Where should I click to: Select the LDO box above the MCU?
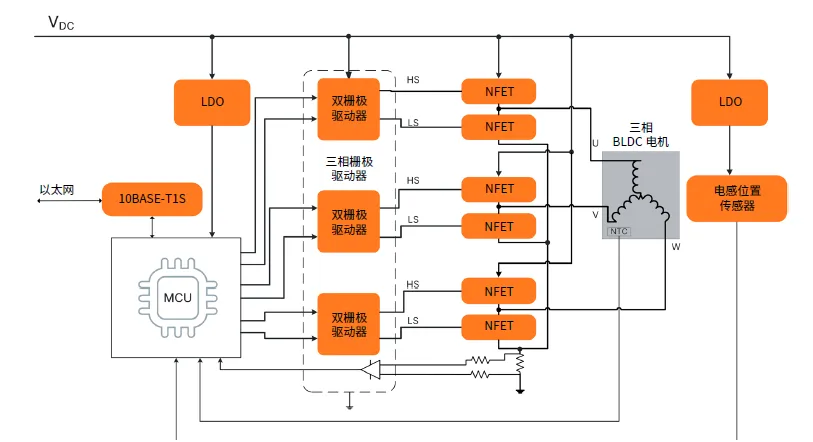click(212, 102)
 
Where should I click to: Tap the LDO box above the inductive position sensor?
click(730, 102)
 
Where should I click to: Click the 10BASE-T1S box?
click(152, 199)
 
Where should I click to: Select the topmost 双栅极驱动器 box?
click(349, 108)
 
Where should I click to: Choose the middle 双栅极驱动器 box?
click(349, 221)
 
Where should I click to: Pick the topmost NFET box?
click(499, 90)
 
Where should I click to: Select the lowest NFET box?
click(499, 326)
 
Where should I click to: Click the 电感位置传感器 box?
click(736, 199)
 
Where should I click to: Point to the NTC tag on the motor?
click(618, 231)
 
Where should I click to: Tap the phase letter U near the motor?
click(595, 143)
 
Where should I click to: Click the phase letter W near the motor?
click(675, 246)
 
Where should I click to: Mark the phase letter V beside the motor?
click(595, 214)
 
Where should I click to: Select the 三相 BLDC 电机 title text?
click(640, 136)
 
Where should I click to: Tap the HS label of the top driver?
click(413, 80)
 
